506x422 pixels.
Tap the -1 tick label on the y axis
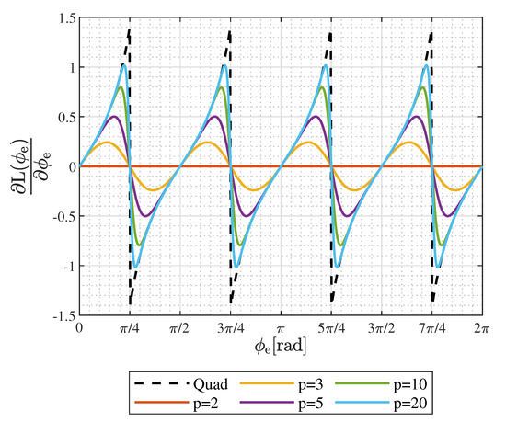point(64,266)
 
